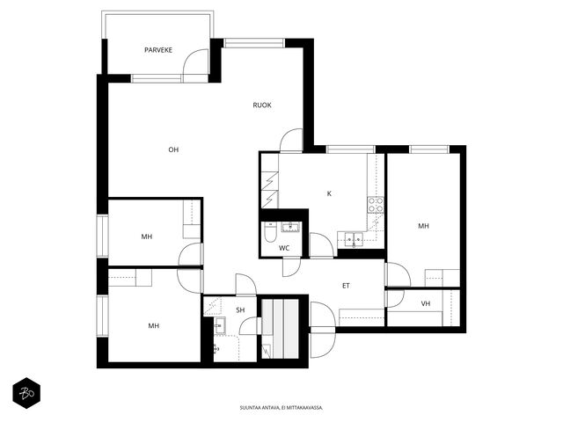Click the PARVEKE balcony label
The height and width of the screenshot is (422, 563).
pos(158,50)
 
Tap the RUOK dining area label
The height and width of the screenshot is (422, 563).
pos(262,105)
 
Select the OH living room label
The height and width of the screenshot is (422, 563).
pos(173,149)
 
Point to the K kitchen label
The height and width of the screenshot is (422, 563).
pos(329,193)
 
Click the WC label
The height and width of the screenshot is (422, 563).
pos(284,248)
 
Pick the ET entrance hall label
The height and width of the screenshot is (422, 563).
pos(346,286)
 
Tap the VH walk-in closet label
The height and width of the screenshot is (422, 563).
pos(426,303)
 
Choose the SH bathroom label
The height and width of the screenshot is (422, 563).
pos(240,310)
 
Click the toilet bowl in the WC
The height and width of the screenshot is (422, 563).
pos(270,232)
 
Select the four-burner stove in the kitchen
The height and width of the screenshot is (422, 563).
pos(376,205)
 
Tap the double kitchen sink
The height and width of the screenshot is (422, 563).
pos(354,239)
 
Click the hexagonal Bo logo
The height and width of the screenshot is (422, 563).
pos(26,393)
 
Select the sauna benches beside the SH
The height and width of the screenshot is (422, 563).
pos(280,329)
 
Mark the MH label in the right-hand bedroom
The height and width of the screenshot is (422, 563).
pos(423,226)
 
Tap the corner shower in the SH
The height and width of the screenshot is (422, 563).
pos(213,306)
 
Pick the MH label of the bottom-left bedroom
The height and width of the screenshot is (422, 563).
pos(154,326)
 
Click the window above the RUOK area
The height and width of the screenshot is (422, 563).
pos(254,43)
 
